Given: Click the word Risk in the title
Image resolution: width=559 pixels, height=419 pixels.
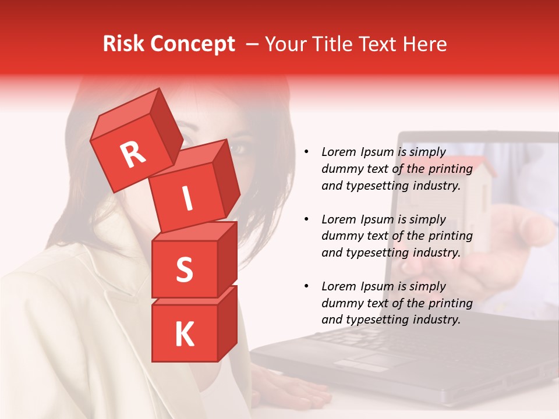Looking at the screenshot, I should pos(123,44).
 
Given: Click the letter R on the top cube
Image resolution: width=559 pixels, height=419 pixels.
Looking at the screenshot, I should pos(133,155).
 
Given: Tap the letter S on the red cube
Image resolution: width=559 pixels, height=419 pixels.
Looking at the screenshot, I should pos(184,269).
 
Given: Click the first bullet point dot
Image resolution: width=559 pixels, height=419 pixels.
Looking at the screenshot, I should pos(306,152).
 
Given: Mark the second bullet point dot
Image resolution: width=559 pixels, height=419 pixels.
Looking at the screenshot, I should pos(306,220).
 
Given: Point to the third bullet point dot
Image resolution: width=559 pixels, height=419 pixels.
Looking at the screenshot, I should pos(306,287).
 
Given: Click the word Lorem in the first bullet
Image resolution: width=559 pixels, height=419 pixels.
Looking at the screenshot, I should pos(338,152).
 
